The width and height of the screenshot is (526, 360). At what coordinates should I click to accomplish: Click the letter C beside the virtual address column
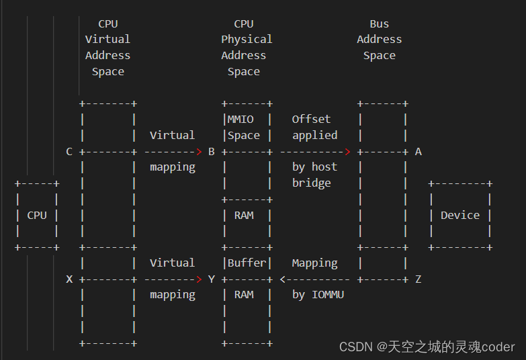coord(69,152)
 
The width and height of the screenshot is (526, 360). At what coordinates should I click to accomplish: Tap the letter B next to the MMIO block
coord(211,152)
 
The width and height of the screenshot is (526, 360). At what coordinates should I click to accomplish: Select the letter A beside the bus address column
coord(418,152)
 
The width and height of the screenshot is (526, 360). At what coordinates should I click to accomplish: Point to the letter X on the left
coord(69,279)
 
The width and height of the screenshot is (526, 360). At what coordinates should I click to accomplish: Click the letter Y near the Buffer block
coord(211,279)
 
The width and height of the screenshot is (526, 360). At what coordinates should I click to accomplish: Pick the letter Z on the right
coord(418,279)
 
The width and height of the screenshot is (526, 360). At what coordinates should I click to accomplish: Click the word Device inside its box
coord(460,216)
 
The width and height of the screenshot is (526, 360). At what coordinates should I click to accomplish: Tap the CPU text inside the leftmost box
coord(37,216)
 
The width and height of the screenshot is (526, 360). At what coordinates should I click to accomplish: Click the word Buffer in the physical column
coord(247,263)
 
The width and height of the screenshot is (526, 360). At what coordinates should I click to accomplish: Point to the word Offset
coord(311,120)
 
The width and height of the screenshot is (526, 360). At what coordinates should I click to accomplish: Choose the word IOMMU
coord(328,295)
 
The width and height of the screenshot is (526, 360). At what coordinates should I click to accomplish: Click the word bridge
coord(311,183)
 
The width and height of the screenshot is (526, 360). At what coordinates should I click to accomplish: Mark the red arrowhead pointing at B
coord(199,152)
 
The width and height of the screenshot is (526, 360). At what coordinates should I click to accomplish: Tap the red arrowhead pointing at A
coord(347,152)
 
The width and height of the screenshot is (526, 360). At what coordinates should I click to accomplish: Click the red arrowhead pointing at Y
coord(199,279)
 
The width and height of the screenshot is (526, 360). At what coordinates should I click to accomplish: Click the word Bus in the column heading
coord(379,24)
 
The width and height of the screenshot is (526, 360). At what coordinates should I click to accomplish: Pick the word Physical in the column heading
coord(247,40)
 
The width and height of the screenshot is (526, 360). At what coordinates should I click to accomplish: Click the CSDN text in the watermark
coord(356,347)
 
